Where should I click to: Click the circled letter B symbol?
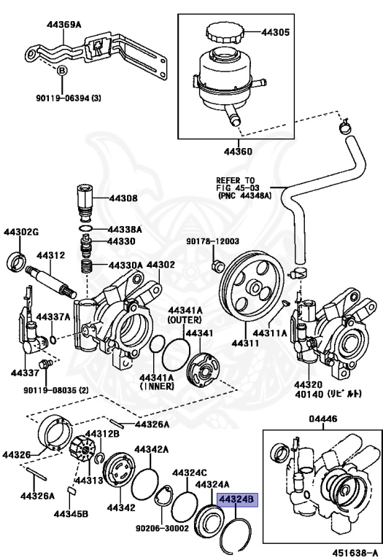coord(62,71)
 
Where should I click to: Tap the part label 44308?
coord(123,198)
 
